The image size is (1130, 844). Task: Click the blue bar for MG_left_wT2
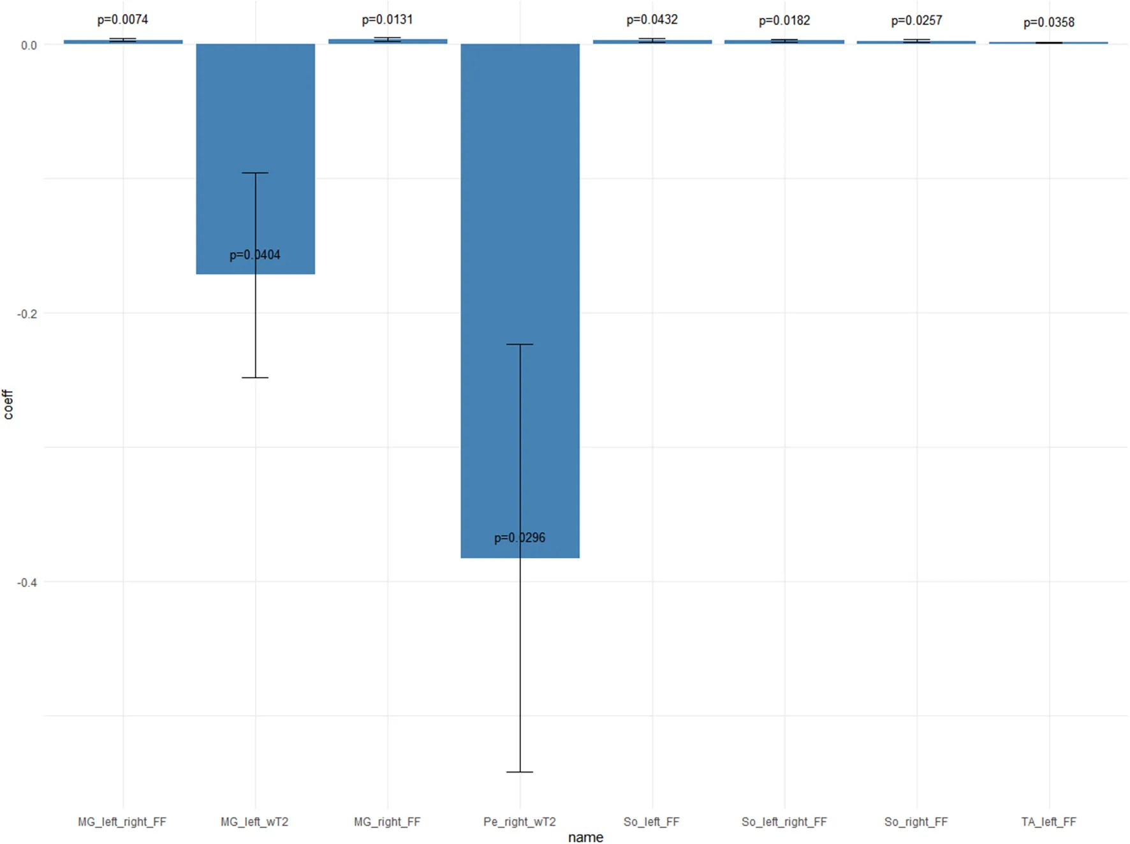(x=223, y=128)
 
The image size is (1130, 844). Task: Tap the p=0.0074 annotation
(x=122, y=20)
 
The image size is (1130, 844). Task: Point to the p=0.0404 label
(x=254, y=255)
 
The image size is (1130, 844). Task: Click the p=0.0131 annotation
(x=387, y=20)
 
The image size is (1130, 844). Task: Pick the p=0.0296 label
(x=520, y=538)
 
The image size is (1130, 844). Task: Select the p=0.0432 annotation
(x=652, y=20)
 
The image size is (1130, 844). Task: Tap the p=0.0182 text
(x=784, y=20)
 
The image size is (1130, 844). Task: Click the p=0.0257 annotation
(x=916, y=20)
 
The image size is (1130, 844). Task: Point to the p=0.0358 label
(x=1049, y=22)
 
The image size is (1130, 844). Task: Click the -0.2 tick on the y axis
(x=27, y=314)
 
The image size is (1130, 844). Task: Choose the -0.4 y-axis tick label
(x=27, y=582)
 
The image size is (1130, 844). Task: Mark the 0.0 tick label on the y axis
(x=29, y=45)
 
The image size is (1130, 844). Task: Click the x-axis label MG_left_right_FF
(x=122, y=822)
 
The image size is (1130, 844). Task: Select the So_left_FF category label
(x=651, y=822)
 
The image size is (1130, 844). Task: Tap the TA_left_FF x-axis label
(x=1048, y=822)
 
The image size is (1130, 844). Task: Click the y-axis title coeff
(x=8, y=404)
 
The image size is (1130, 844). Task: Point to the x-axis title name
(x=585, y=837)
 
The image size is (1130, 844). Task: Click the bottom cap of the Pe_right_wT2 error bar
(x=520, y=772)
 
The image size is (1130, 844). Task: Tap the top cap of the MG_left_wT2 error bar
(x=255, y=173)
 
